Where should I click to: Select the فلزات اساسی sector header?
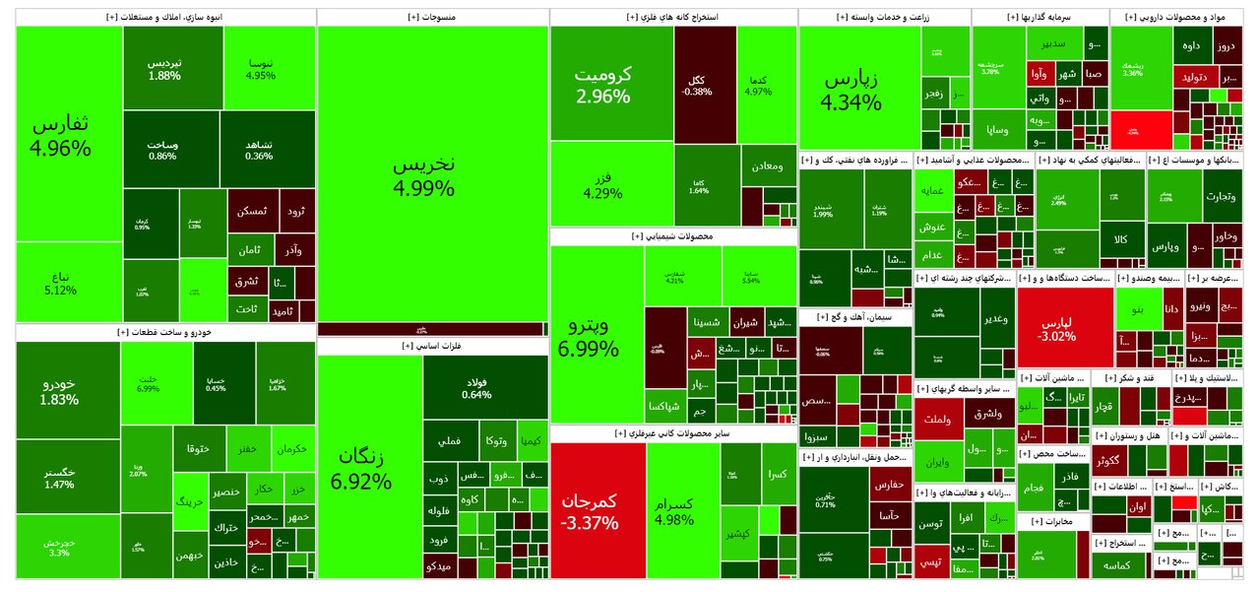pyautogui.click(x=432, y=346)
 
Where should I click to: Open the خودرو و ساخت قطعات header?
pyautogui.click(x=165, y=332)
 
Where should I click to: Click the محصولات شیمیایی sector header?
pyautogui.click(x=673, y=236)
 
